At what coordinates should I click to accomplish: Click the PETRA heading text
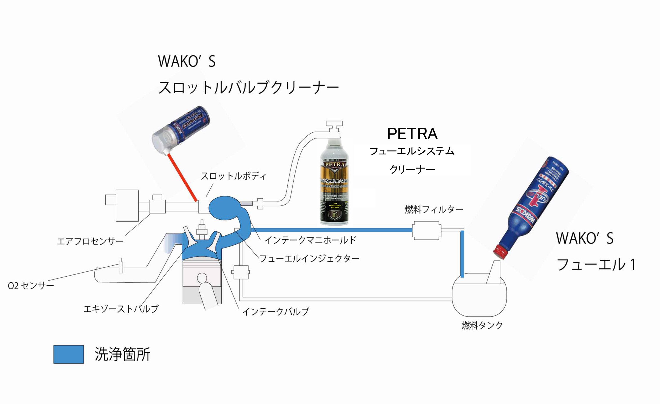[412, 134]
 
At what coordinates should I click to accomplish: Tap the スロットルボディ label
[233, 176]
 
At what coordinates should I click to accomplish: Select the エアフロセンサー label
[90, 241]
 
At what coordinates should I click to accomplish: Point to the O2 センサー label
[31, 286]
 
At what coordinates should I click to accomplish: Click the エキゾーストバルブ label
[121, 309]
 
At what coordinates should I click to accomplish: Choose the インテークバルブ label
[275, 312]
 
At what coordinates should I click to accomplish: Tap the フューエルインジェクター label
[309, 258]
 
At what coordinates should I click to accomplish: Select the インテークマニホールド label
[310, 240]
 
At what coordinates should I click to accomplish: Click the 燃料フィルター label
[434, 209]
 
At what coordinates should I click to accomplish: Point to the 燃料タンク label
[482, 325]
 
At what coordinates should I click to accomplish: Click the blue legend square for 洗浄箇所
[69, 354]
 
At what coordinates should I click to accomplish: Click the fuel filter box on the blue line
[427, 230]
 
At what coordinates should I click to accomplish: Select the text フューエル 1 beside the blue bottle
[596, 265]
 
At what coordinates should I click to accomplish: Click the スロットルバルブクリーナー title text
[248, 87]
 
